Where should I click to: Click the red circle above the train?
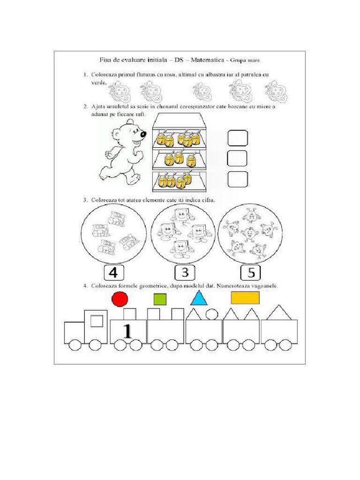pos(120,299)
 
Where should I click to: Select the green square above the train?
pos(160,299)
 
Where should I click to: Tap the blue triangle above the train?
pos(199,298)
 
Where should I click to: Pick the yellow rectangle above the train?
pos(245,298)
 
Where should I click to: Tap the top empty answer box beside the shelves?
pos(237,138)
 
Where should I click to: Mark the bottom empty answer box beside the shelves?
pos(237,179)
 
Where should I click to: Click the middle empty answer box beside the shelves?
pos(237,158)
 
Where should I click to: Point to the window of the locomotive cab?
pos(97,321)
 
